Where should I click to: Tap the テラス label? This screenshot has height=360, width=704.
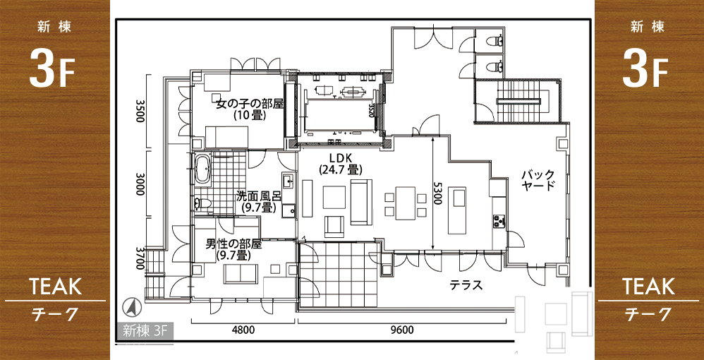pyautogui.click(x=466, y=285)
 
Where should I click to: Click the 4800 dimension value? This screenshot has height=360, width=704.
pyautogui.click(x=243, y=331)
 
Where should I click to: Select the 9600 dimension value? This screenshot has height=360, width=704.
pyautogui.click(x=402, y=331)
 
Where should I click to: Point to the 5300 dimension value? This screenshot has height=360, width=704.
pyautogui.click(x=437, y=193)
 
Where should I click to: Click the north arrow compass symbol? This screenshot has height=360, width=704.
pyautogui.click(x=132, y=308)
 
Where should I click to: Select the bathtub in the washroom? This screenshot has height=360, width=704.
pyautogui.click(x=202, y=168)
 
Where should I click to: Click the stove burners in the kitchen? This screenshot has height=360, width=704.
pyautogui.click(x=499, y=220)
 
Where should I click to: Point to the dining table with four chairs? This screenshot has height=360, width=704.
pyautogui.click(x=406, y=203)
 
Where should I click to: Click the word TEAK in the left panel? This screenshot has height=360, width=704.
pyautogui.click(x=55, y=287)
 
